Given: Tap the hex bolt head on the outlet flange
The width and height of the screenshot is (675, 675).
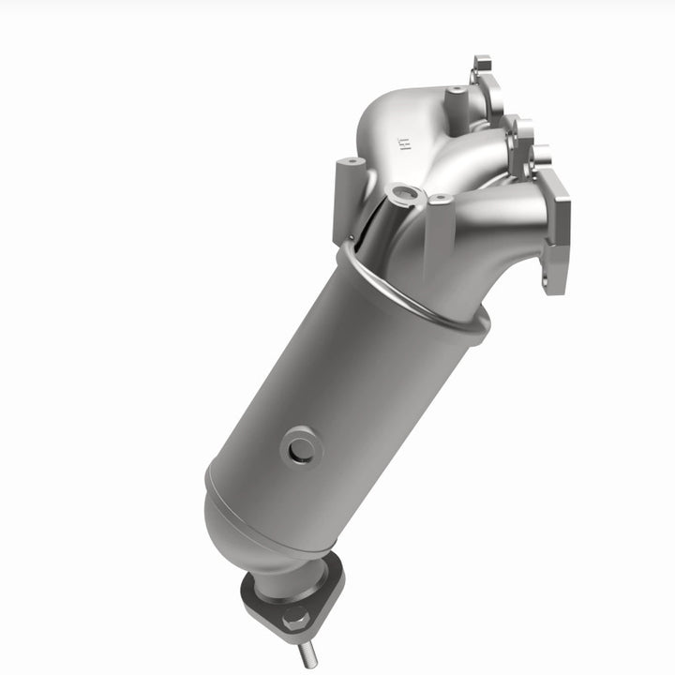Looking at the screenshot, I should [293, 619].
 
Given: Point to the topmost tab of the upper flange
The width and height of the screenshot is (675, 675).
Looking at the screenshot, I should [482, 65].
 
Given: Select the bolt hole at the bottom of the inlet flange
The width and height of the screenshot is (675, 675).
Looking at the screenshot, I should [547, 278].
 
